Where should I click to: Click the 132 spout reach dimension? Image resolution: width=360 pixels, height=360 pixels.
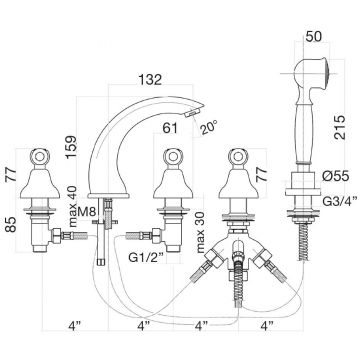150,79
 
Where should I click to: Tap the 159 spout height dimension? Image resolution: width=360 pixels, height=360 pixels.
72,147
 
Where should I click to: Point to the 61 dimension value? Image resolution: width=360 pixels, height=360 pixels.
170,128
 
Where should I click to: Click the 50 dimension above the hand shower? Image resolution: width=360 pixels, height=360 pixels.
314,36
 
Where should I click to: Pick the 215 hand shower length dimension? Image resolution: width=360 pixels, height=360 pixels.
339,128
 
